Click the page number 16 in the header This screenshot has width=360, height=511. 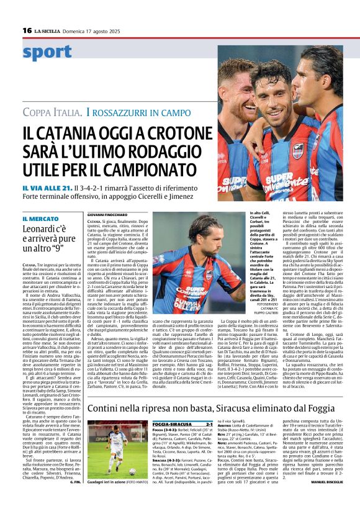click(27, 30)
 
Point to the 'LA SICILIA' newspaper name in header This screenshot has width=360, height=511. click(47, 30)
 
